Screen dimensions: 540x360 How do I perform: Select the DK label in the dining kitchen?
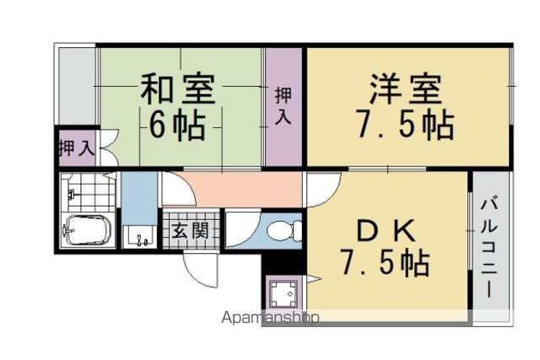pyautogui.click(x=386, y=232)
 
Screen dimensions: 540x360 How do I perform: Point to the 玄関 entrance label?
pyautogui.click(x=191, y=230)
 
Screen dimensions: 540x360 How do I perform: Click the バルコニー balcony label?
pyautogui.click(x=489, y=247)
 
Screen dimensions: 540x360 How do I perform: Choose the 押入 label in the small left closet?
pyautogui.click(x=77, y=148)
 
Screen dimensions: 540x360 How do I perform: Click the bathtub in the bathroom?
pyautogui.click(x=86, y=230)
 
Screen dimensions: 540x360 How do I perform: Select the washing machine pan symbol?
pyautogui.click(x=283, y=293)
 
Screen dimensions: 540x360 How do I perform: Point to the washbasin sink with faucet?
pyautogui.click(x=139, y=237)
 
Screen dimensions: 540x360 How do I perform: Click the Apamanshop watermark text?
pyautogui.click(x=270, y=317)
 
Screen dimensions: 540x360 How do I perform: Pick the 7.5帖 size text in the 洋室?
pyautogui.click(x=405, y=124)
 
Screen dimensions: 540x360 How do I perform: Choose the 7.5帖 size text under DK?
pyautogui.click(x=385, y=262)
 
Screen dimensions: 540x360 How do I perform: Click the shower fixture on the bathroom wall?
pyautogui.click(x=72, y=195)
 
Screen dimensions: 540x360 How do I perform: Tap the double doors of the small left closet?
pyautogui.click(x=110, y=148)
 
